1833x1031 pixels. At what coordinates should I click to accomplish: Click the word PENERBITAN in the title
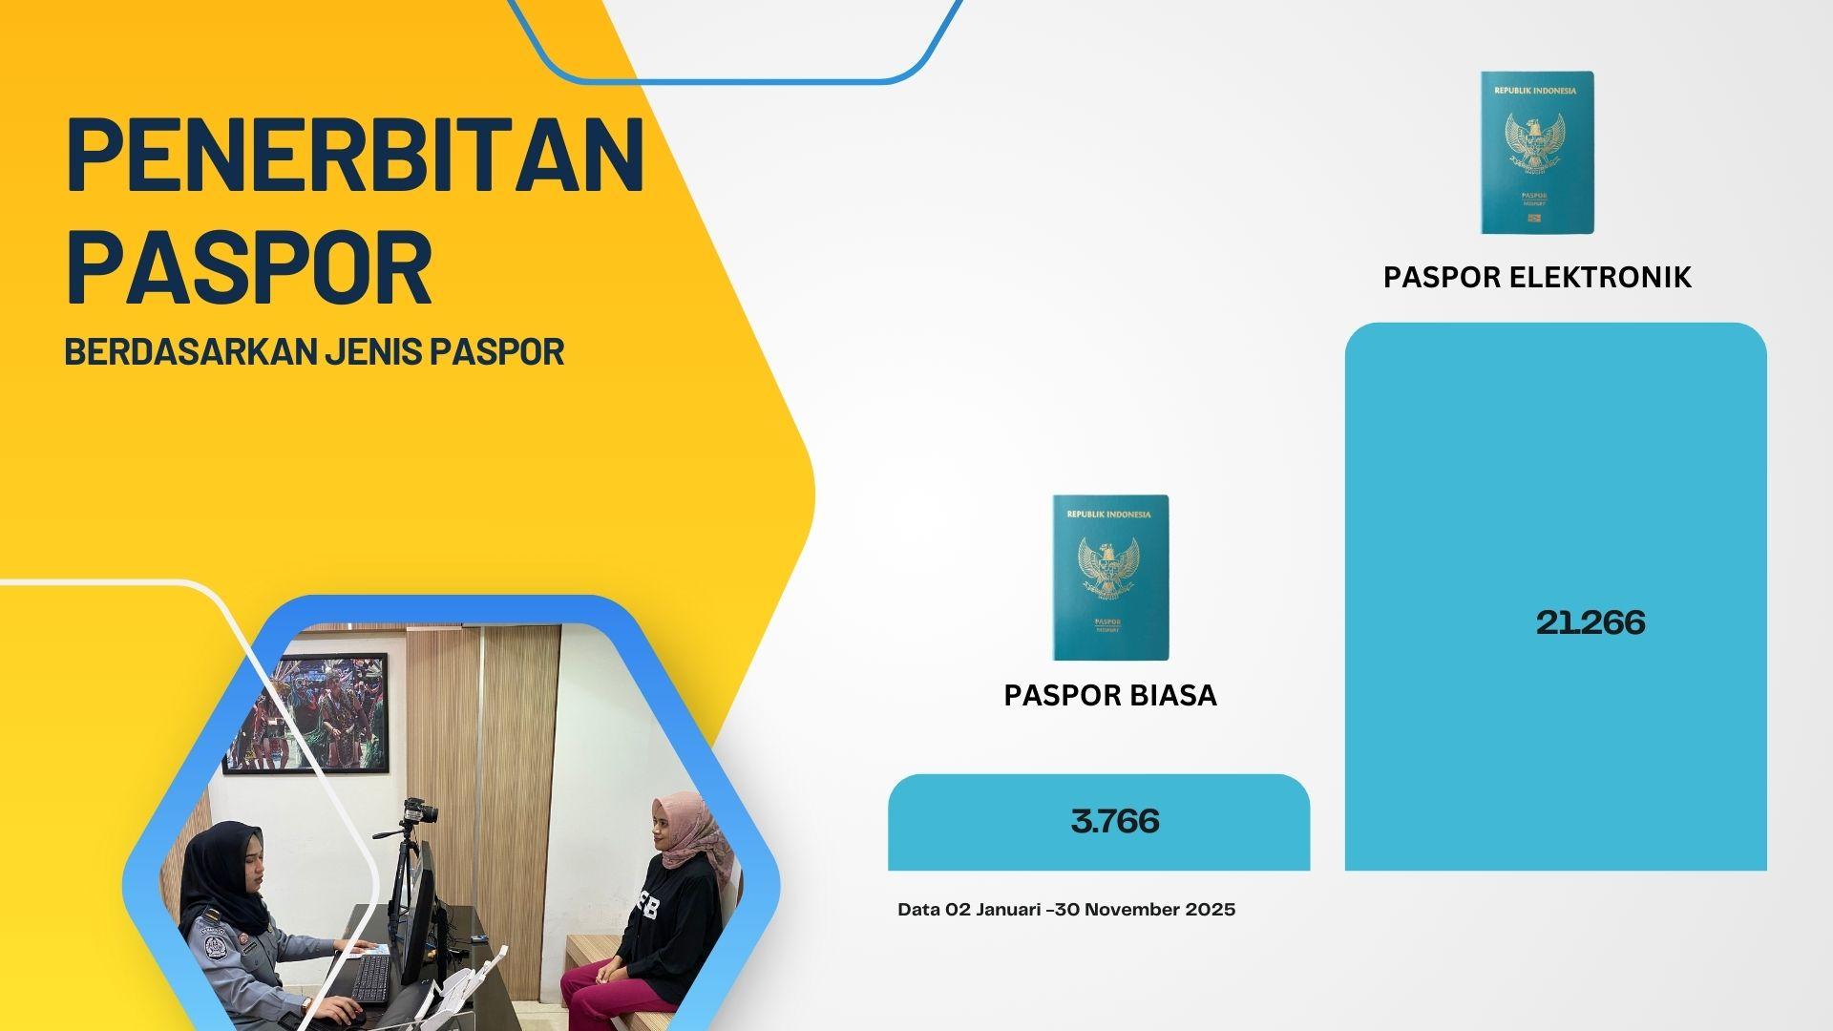point(355,153)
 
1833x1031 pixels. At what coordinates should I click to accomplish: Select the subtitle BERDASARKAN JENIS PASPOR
point(314,351)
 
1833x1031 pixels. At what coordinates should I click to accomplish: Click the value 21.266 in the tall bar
point(1591,622)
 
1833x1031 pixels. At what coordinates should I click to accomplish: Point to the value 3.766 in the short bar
point(1115,821)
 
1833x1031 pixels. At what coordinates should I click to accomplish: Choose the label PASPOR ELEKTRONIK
point(1537,277)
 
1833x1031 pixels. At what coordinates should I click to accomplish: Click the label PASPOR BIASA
point(1110,695)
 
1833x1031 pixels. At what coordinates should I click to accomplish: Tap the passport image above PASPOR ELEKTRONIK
point(1537,152)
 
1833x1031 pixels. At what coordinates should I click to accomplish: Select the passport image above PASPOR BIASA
point(1110,577)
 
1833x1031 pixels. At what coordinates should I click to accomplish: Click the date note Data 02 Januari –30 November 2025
point(1066,910)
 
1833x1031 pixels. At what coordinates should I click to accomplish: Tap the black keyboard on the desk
point(370,980)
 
